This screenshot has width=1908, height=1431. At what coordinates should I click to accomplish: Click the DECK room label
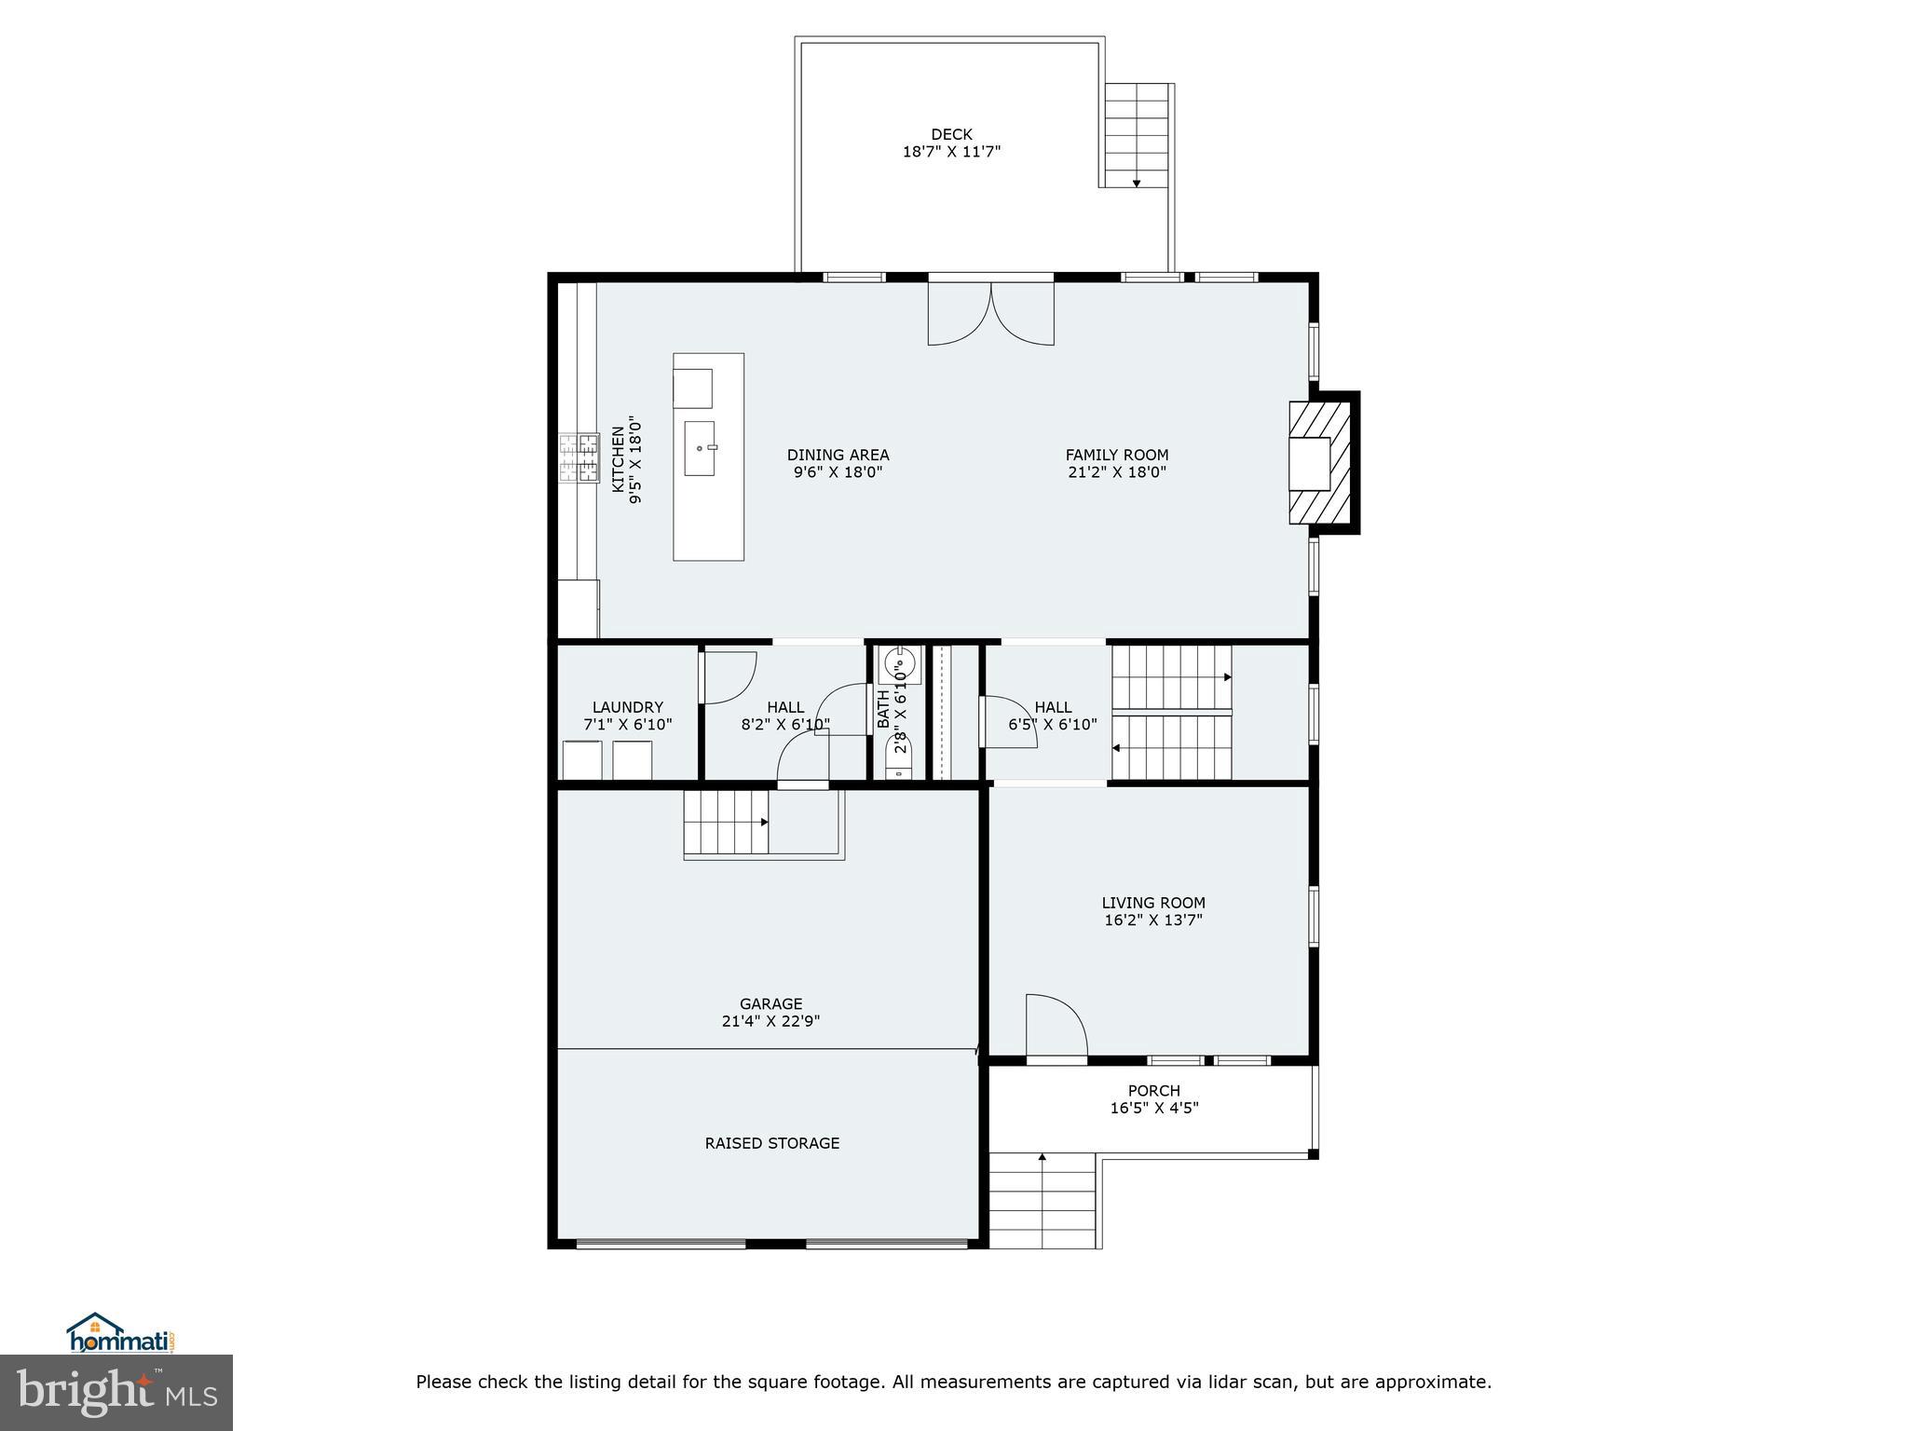tap(951, 134)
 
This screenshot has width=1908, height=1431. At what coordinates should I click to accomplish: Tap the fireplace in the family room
tap(1318, 463)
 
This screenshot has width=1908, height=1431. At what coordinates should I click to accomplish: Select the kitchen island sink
tap(700, 448)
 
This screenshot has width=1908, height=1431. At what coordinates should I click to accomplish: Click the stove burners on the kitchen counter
tap(579, 457)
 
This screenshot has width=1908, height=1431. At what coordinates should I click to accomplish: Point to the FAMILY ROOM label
tap(1116, 455)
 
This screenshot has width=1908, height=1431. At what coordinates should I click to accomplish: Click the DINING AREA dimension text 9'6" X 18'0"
tap(838, 472)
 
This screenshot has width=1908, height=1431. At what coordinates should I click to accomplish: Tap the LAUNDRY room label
tap(627, 707)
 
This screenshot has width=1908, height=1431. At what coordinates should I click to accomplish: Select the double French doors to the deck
tap(991, 312)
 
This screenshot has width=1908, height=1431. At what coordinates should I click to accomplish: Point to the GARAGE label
tap(770, 1003)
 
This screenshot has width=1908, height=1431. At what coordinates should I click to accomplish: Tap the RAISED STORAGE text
tap(771, 1143)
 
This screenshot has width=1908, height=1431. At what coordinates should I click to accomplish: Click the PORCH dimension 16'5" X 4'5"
tap(1153, 1108)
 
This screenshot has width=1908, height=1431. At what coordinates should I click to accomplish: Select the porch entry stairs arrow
tap(1042, 1158)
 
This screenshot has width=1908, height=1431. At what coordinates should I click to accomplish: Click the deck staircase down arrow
tap(1137, 183)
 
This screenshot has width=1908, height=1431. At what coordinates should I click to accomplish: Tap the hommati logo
tap(121, 1334)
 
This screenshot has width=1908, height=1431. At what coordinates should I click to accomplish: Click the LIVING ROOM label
tap(1153, 902)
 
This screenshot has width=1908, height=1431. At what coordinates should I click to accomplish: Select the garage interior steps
tap(727, 822)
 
